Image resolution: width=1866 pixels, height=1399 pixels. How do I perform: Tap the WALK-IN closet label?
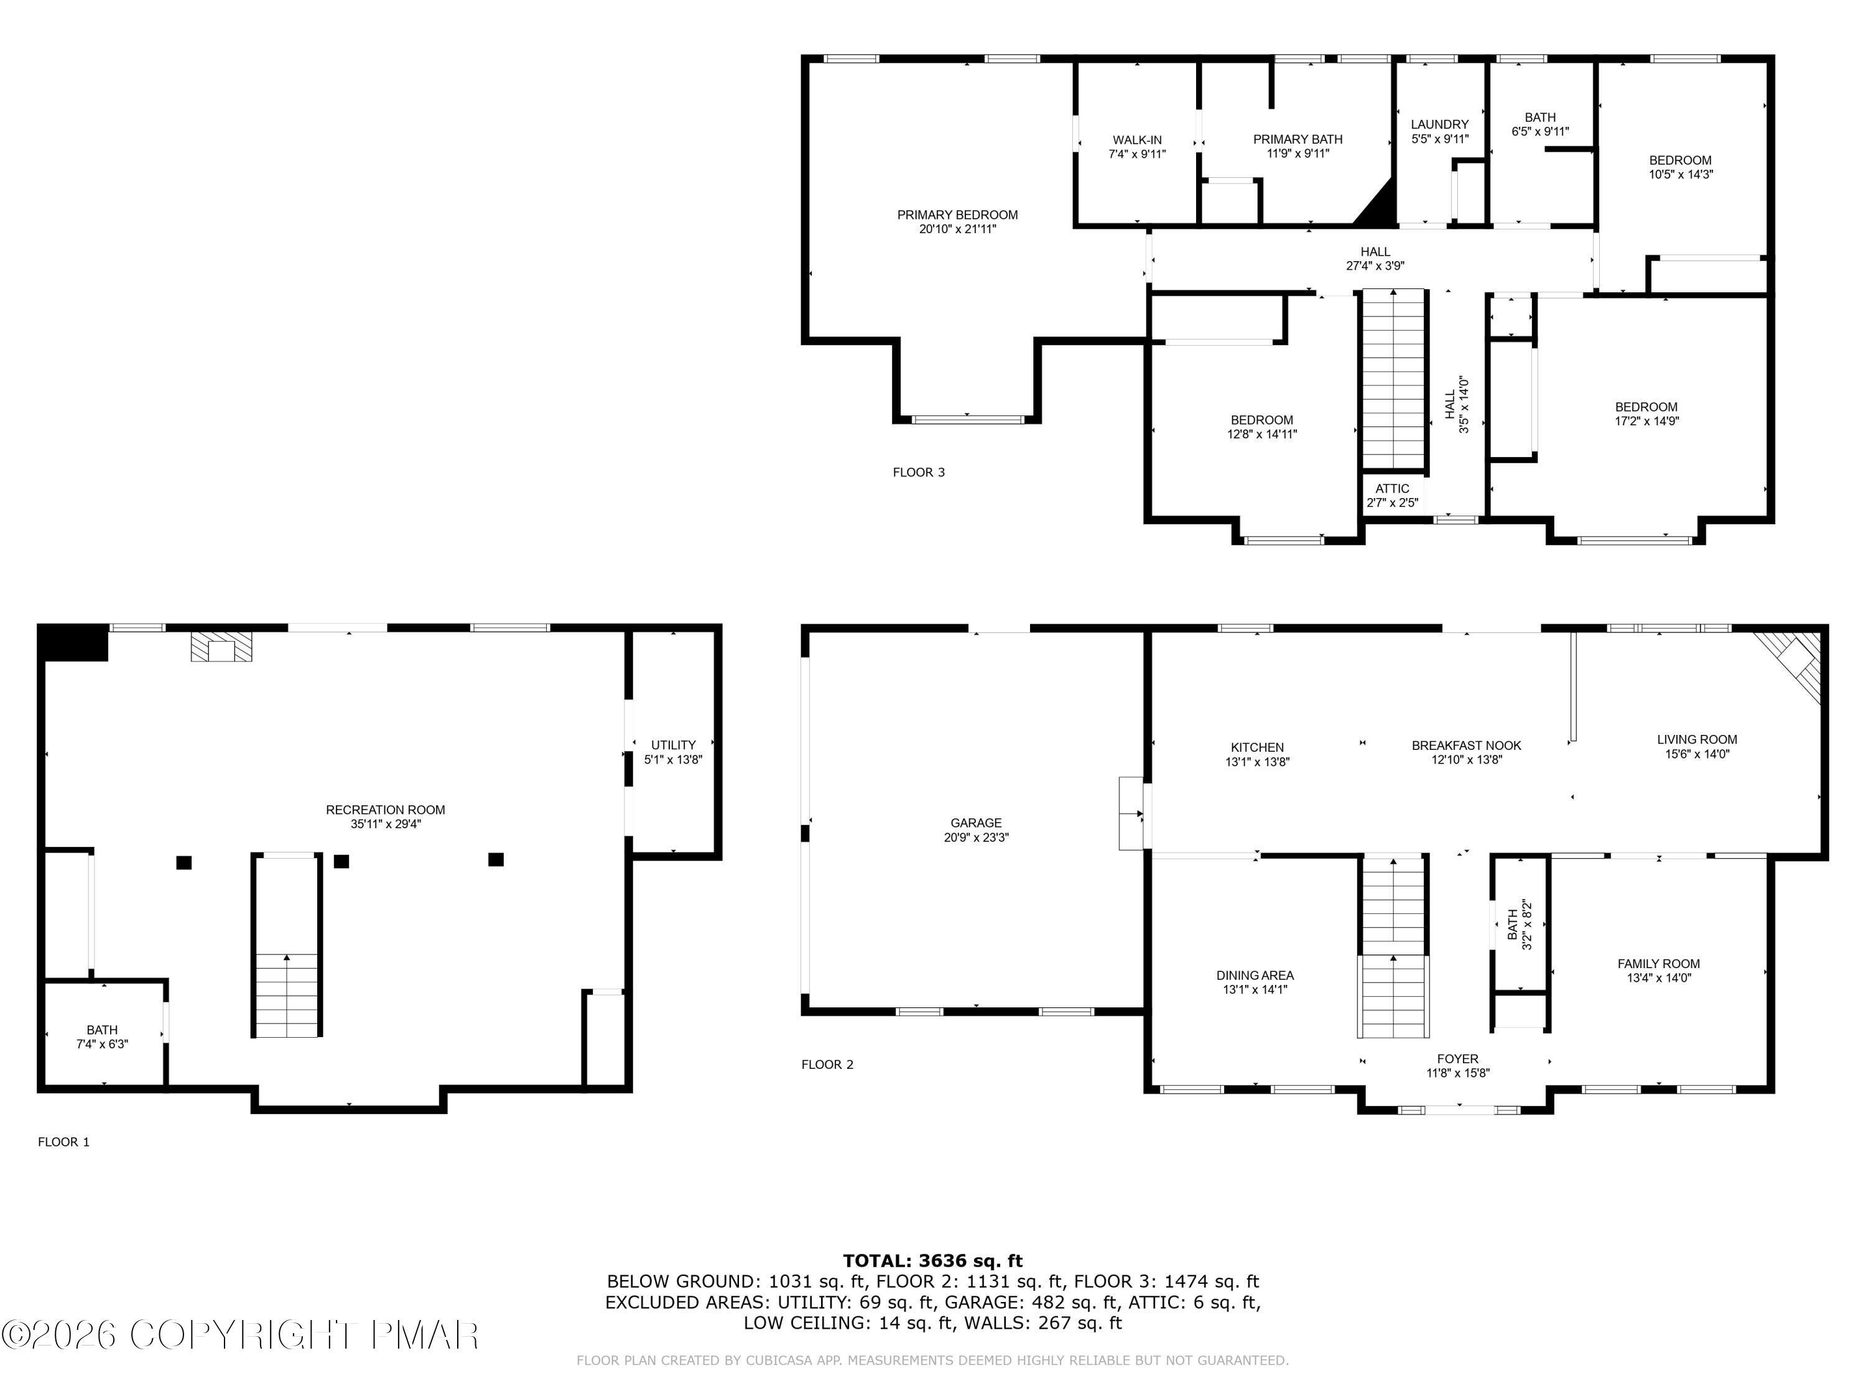(x=1136, y=140)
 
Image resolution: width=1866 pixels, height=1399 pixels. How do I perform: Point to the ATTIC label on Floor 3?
(x=1392, y=488)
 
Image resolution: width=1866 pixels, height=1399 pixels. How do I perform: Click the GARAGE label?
(x=976, y=823)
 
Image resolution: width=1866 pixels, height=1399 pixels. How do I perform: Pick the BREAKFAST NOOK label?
(x=1466, y=746)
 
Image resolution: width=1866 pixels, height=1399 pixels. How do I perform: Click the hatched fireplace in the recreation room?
(x=221, y=648)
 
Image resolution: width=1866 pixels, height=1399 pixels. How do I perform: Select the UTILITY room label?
(x=673, y=745)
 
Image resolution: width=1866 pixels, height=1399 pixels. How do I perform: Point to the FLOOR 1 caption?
(x=63, y=1142)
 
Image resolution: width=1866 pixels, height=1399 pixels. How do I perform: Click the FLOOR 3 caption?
(x=919, y=472)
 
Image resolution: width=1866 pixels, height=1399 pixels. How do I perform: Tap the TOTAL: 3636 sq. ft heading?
(x=932, y=1261)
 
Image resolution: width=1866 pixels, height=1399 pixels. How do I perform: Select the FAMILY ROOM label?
(x=1658, y=964)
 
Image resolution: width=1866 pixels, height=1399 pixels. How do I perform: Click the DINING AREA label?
(x=1255, y=976)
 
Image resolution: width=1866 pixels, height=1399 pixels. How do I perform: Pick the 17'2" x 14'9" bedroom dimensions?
(x=1646, y=421)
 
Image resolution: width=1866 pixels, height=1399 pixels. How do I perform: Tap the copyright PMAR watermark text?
(x=241, y=1335)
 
